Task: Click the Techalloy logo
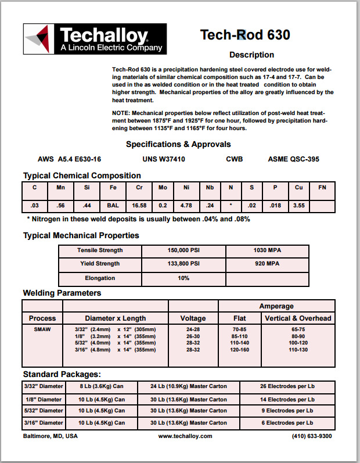(94, 40)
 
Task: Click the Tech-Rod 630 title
(245, 35)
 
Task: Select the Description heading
(252, 55)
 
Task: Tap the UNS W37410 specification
(164, 159)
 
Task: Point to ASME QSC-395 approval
(293, 159)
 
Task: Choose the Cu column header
(298, 188)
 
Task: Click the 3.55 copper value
(298, 205)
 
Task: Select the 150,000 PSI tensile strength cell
(183, 250)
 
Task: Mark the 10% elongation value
(183, 278)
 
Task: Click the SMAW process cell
(42, 328)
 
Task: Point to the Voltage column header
(193, 318)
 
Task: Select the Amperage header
(276, 306)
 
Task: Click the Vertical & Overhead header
(298, 318)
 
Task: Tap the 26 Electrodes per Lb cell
(287, 386)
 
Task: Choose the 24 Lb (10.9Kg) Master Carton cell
(188, 386)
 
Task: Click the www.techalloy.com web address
(185, 436)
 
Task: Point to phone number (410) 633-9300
(312, 436)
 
